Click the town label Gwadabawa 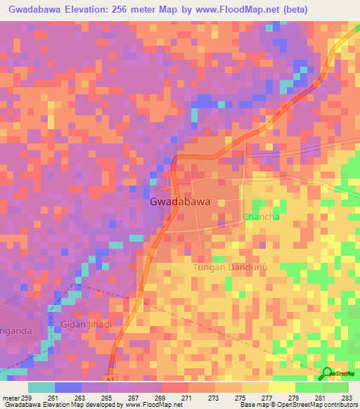point(180,202)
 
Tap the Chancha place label point(261,217)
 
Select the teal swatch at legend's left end point(41,387)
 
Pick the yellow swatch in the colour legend point(281,387)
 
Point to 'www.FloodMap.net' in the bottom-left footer point(149,405)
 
